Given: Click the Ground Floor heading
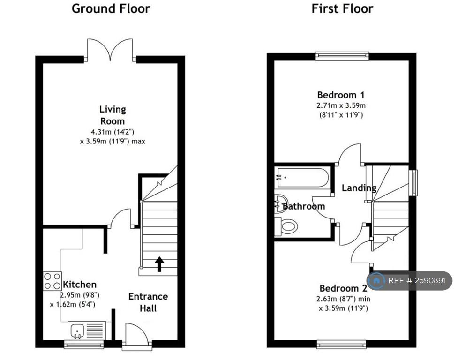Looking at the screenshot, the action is [x=111, y=8].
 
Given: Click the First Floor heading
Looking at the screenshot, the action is [x=342, y=8].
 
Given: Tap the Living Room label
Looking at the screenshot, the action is [x=113, y=115].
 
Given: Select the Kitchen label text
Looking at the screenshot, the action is [x=79, y=285].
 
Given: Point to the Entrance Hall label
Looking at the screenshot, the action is [x=148, y=302].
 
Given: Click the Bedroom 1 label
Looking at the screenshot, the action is [x=341, y=95].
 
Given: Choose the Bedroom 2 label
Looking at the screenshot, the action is [x=343, y=288].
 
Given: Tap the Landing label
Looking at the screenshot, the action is [x=359, y=188].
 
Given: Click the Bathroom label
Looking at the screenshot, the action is [x=304, y=206].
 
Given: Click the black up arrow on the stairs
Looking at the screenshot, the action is [x=159, y=264].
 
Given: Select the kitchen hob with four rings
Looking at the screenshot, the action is [x=53, y=281].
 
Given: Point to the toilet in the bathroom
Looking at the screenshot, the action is [x=286, y=226].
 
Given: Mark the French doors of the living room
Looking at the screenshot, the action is [x=110, y=50].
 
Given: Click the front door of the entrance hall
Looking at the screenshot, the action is [x=137, y=335].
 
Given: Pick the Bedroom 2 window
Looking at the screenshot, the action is [x=341, y=345].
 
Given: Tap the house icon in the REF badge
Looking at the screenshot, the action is [x=376, y=281].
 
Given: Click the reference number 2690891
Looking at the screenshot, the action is [x=426, y=281].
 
